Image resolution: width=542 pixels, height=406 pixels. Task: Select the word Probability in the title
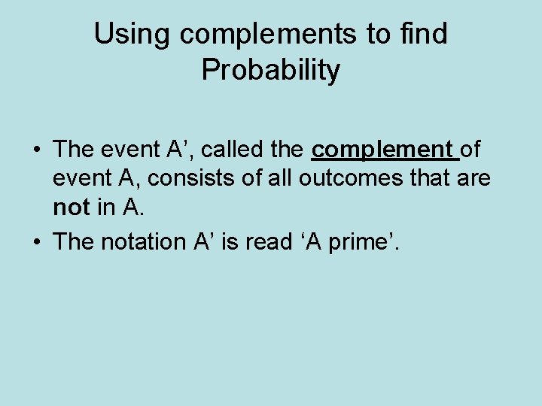pos(271,71)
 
